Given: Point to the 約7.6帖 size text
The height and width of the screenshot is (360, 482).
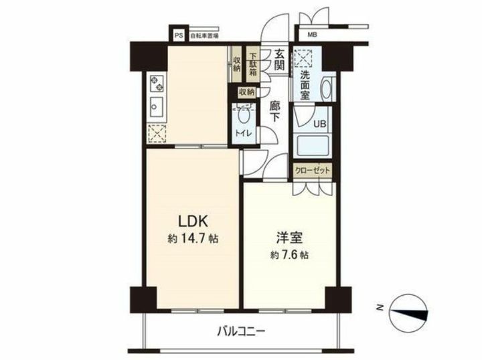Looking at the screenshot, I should click(x=289, y=255).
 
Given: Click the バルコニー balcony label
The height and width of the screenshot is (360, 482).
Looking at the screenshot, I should click(x=241, y=331).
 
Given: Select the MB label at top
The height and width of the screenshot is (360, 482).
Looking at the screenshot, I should click(x=313, y=34).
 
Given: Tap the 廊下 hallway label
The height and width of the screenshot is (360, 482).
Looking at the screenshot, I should click(x=274, y=110).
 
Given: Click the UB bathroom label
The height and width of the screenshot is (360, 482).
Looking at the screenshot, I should click(x=321, y=123).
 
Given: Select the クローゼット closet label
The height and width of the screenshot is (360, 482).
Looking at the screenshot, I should click(x=313, y=170).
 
